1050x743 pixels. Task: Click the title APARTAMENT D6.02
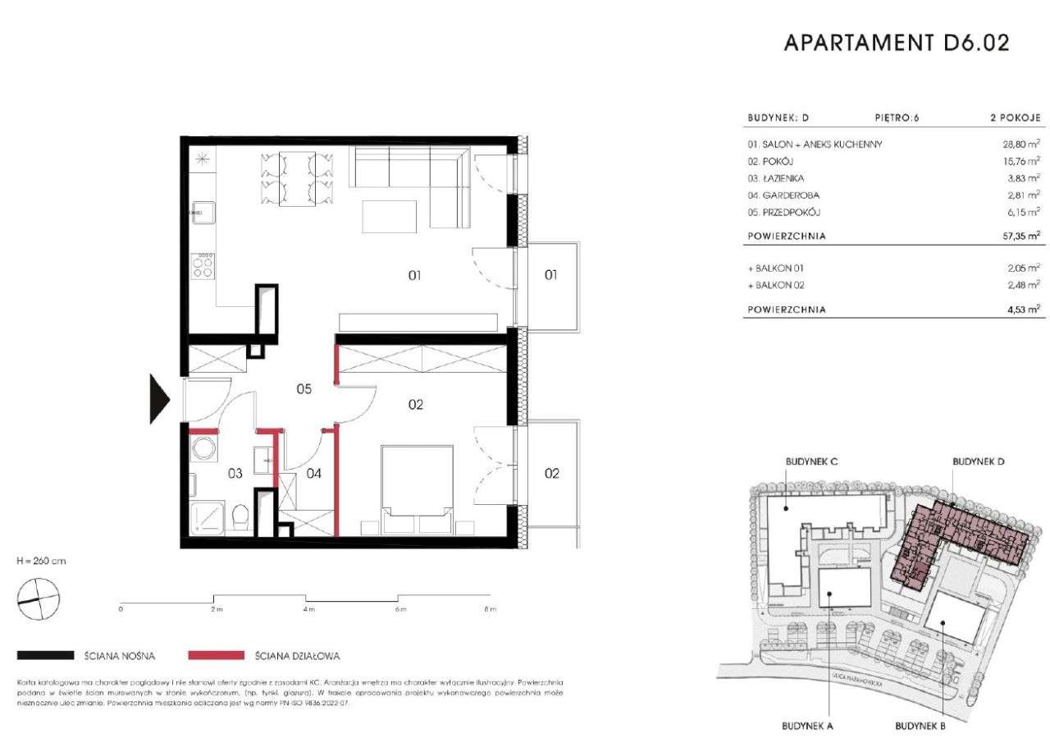897,43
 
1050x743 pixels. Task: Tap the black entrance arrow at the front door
159,400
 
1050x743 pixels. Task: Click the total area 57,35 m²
1015,236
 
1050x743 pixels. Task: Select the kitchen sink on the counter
202,213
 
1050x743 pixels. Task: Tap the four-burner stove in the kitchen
203,265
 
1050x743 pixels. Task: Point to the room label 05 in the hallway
304,390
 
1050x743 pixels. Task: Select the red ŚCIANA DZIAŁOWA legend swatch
216,655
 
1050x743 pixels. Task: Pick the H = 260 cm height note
41,561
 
